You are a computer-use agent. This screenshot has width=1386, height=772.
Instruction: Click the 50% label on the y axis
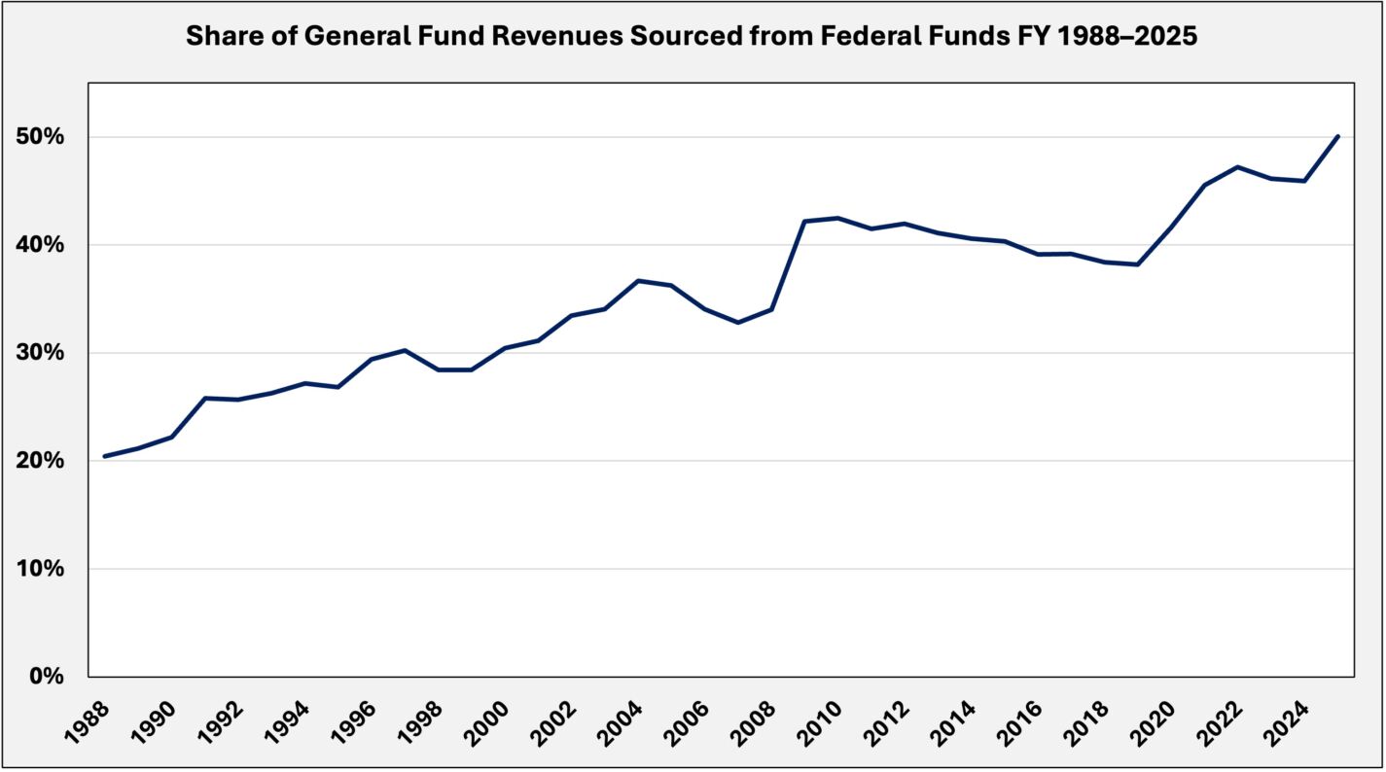tap(42, 137)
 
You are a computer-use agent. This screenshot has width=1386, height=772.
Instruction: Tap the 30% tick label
tap(42, 353)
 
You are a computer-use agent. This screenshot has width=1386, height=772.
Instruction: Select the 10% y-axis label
tap(42, 569)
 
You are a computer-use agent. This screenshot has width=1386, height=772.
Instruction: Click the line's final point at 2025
tap(1338, 136)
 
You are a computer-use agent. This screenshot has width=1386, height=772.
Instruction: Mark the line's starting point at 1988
tap(105, 456)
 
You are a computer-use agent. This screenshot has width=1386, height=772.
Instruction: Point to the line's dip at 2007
tap(737, 322)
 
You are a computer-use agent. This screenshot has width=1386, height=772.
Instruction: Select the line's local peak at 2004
tap(637, 281)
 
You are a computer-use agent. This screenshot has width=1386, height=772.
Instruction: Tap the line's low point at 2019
tap(1137, 264)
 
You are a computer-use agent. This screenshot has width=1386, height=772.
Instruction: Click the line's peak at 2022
tap(1237, 166)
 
